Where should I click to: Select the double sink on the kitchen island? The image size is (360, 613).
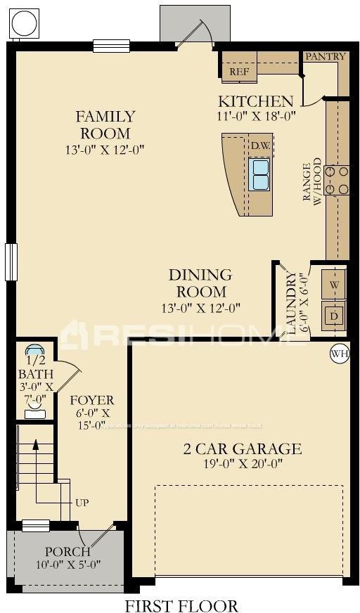(x=260, y=174)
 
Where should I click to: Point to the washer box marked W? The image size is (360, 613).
(x=334, y=285)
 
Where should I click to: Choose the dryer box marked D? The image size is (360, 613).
(x=334, y=316)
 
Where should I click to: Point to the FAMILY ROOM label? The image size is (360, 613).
(x=105, y=124)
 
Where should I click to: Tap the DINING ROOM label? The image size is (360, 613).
(x=200, y=283)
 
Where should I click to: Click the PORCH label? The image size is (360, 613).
(x=67, y=551)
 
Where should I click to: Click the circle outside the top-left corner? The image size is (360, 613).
(x=24, y=23)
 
